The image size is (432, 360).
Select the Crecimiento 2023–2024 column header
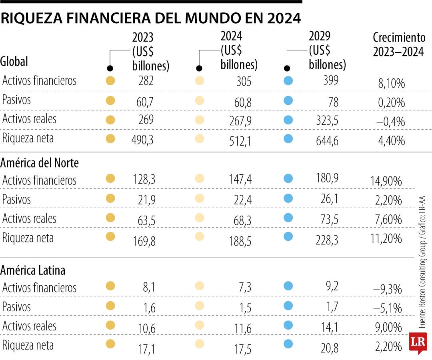tap(398, 44)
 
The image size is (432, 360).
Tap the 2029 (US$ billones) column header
tap(327, 50)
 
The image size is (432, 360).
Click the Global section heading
tap(14, 62)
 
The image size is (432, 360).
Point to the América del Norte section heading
tap(40, 163)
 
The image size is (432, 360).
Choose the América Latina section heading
tap(33, 270)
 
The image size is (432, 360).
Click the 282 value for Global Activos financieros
tap(146, 81)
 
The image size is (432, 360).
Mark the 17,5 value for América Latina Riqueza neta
tap(243, 348)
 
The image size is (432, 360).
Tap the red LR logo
tap(418, 342)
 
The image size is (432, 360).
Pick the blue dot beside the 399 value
tap(288, 81)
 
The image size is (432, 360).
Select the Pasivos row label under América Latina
tap(16, 307)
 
